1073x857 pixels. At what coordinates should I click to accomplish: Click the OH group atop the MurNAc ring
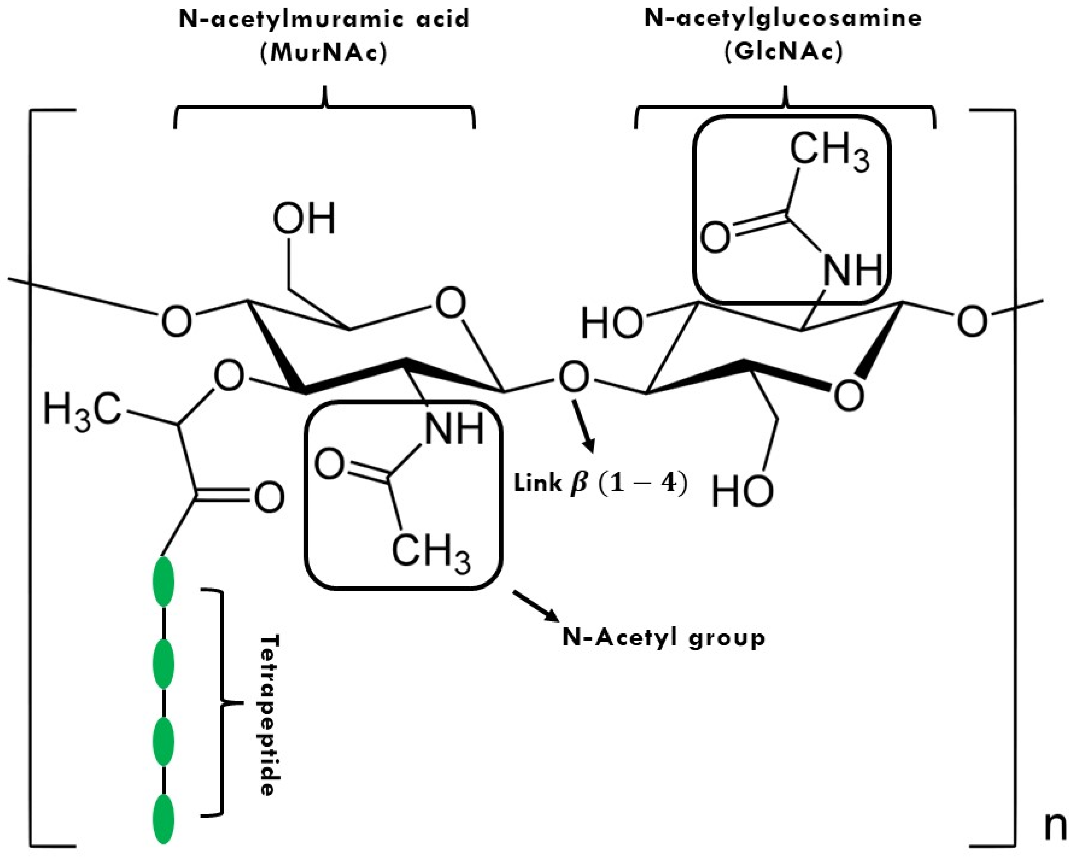coord(305,219)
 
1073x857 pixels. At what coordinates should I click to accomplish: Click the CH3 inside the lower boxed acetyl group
coord(431,553)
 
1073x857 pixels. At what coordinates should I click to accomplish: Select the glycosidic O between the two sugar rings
coord(573,378)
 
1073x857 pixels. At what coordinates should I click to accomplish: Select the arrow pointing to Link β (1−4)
coord(583,426)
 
